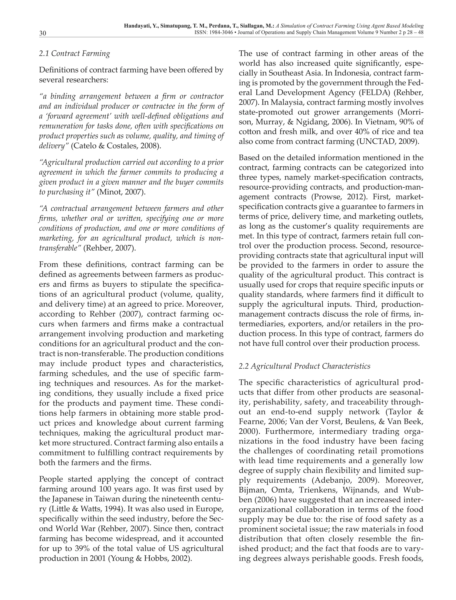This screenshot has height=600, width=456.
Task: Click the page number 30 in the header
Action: point(43,33)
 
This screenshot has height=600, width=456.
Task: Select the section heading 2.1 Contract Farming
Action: point(74,53)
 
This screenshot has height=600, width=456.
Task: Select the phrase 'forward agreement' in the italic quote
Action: point(77,116)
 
